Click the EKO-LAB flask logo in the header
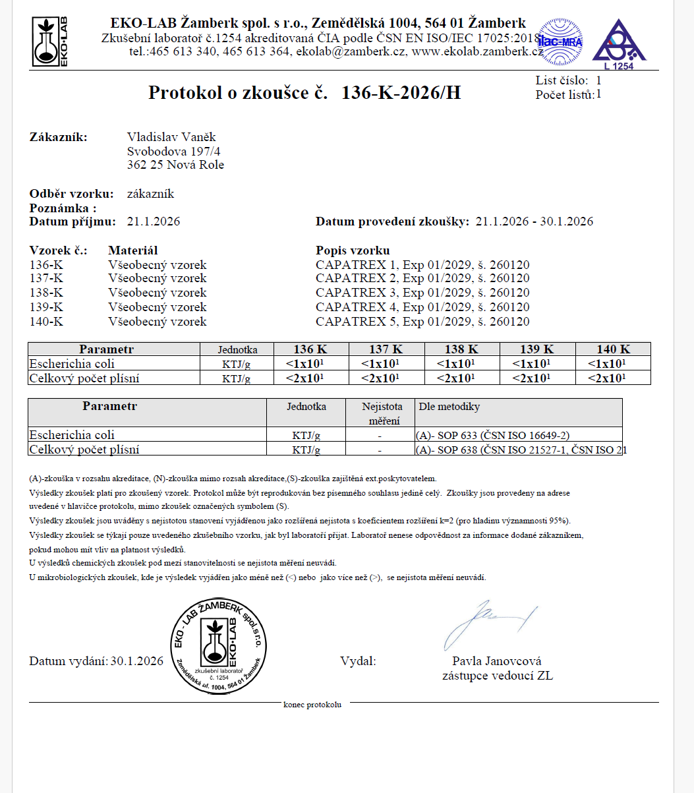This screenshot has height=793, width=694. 50,42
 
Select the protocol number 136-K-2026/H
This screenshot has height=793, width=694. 401,93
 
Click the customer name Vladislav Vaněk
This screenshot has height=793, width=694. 171,137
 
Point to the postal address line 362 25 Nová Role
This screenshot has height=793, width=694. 175,165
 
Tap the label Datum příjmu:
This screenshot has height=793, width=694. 72,221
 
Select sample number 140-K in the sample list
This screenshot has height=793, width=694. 46,322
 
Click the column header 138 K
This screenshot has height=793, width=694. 461,349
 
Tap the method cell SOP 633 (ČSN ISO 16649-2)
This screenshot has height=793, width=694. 492,435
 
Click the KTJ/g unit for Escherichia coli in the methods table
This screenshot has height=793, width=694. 306,436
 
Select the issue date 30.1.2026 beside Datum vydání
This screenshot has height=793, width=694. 137,661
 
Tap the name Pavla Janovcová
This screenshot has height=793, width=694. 497,661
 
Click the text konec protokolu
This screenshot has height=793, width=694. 312,705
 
